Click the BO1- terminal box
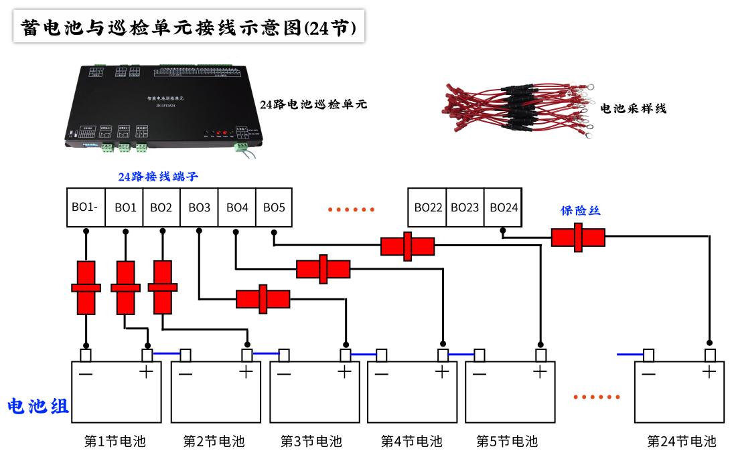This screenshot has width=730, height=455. (x=85, y=207)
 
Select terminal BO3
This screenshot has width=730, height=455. (x=199, y=207)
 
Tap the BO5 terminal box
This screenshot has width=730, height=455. (x=274, y=207)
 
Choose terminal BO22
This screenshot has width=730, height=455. (x=428, y=207)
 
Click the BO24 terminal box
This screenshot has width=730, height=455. (x=504, y=207)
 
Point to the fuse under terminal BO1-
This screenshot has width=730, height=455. (x=86, y=288)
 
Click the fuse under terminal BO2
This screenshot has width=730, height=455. (x=162, y=287)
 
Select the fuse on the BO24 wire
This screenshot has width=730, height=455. (x=578, y=238)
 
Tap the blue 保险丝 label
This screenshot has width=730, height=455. (x=580, y=211)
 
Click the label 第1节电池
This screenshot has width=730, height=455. (x=115, y=442)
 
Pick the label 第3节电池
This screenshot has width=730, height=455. (x=311, y=442)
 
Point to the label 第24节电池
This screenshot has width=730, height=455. (x=681, y=442)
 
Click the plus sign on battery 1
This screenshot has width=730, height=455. (x=145, y=372)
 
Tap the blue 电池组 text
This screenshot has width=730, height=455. (x=38, y=406)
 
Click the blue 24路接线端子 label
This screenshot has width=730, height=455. (x=158, y=177)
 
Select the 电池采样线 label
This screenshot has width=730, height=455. (x=633, y=108)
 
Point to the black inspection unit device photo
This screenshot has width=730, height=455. (x=161, y=107)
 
